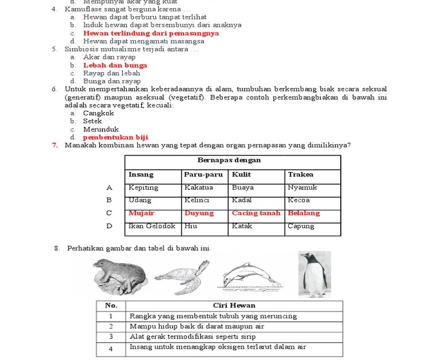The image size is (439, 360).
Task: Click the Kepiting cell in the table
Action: [143, 187]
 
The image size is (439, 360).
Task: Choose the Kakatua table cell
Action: [199, 187]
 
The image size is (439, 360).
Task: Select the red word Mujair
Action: [141, 213]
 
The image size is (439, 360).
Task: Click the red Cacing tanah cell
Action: [256, 213]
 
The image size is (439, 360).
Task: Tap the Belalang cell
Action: [304, 213]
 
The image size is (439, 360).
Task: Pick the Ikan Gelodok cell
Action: [152, 226]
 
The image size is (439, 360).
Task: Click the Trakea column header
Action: [301, 174]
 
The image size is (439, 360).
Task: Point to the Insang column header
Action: [141, 174]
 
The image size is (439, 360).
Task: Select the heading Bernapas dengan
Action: [229, 161]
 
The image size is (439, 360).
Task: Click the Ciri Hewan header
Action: [234, 306]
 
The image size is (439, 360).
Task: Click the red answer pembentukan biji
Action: [115, 137]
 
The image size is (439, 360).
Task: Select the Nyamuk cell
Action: [302, 187]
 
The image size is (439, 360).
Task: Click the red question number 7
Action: [55, 145]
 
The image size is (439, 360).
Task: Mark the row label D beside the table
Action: [109, 226]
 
